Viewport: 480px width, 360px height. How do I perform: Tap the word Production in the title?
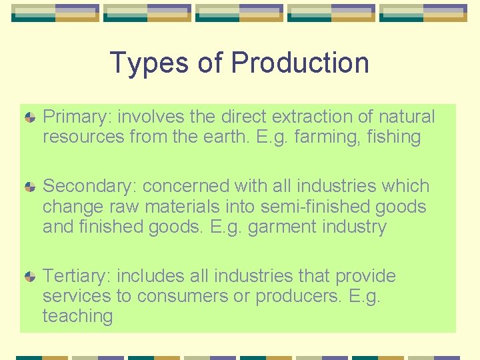(x=300, y=63)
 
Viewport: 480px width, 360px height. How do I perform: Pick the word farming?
(x=324, y=138)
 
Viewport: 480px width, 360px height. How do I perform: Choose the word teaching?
(x=77, y=316)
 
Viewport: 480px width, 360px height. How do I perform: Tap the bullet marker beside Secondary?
(x=30, y=187)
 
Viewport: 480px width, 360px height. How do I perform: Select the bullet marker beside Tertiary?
(x=30, y=277)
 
